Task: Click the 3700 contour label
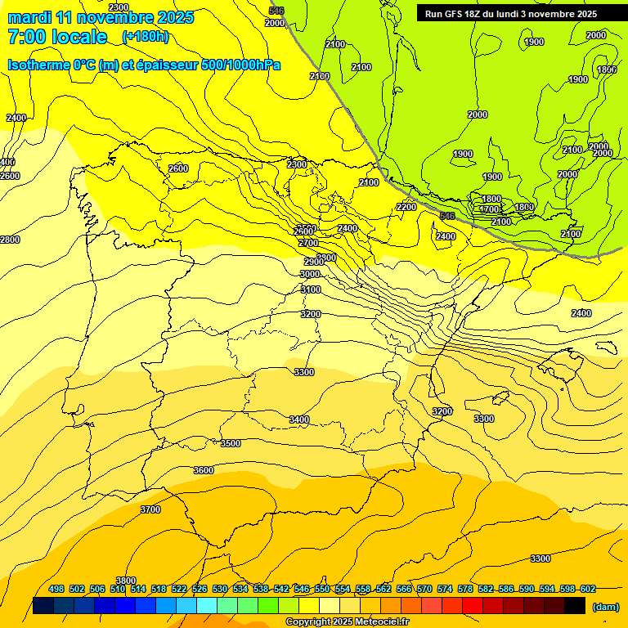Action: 150,509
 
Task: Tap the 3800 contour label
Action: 125,580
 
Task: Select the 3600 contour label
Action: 204,470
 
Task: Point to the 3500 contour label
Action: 231,443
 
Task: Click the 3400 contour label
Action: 299,419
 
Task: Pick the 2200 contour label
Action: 406,207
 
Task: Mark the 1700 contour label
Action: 489,210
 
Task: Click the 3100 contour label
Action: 311,289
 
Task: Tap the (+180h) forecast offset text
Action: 146,36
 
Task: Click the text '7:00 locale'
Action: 57,37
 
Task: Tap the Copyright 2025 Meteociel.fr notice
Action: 347,622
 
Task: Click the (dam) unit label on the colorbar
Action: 605,606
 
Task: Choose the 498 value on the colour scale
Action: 56,589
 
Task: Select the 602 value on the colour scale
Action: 588,589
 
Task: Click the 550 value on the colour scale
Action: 322,589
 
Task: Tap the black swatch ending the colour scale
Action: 575,606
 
